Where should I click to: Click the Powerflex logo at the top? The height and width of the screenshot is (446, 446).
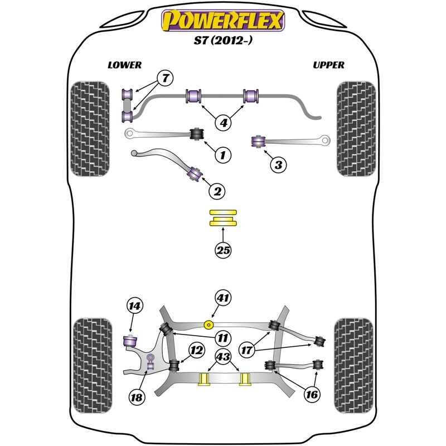click(x=223, y=21)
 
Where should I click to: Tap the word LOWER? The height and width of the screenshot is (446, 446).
click(x=124, y=65)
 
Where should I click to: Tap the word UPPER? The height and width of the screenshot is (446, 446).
click(x=328, y=65)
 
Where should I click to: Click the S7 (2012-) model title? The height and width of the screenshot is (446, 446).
click(x=223, y=40)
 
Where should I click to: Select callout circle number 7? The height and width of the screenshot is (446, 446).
click(x=165, y=78)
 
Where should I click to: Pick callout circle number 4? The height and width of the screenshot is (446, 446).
click(x=224, y=123)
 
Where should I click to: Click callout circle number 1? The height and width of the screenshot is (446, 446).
click(x=223, y=155)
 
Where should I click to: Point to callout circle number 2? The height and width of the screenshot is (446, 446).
click(x=217, y=191)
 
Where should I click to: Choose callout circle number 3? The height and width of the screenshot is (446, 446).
click(x=278, y=164)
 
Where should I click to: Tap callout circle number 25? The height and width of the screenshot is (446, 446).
click(x=223, y=250)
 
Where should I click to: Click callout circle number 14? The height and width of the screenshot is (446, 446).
click(x=134, y=306)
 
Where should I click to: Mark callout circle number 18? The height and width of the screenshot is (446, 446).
click(x=137, y=397)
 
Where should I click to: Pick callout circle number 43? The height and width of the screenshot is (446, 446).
click(x=224, y=356)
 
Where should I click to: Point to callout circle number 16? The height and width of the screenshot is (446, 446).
click(x=312, y=394)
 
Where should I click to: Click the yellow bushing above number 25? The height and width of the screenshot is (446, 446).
click(x=223, y=218)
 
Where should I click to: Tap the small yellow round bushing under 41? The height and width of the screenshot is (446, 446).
click(x=209, y=324)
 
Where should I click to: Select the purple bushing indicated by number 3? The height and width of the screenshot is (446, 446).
click(x=259, y=142)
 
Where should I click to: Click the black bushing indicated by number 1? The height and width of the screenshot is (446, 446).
click(x=197, y=134)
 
